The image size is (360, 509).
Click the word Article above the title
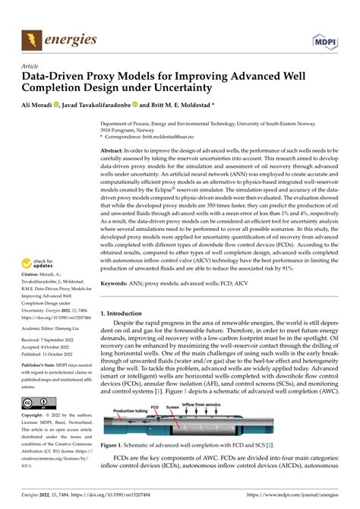click(x=30, y=66)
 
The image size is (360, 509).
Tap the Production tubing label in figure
click(x=134, y=432)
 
